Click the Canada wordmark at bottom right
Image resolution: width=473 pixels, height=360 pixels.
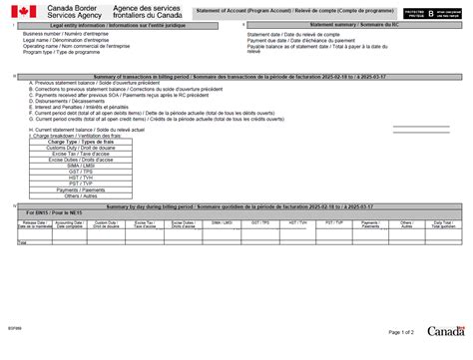(445, 330)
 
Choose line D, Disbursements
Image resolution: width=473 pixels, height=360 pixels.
(69, 100)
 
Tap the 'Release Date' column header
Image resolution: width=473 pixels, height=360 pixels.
(34, 224)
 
